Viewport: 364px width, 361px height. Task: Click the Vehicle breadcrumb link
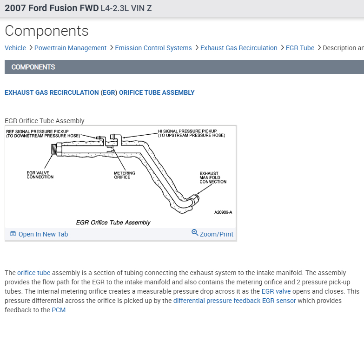[x=15, y=48]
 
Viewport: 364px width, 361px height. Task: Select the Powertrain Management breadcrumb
[x=70, y=48]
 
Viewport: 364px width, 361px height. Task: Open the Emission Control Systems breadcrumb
[x=153, y=48]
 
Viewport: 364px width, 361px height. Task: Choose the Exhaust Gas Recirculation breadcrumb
[x=238, y=48]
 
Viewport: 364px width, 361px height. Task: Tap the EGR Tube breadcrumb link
[x=300, y=48]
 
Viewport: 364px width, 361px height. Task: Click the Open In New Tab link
[x=43, y=234]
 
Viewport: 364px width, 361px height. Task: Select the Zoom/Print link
[x=217, y=234]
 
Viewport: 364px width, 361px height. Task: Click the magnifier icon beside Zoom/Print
[x=195, y=233]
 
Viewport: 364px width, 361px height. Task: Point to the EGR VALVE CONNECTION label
[x=40, y=175]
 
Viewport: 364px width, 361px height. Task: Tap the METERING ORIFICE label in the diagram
[x=125, y=175]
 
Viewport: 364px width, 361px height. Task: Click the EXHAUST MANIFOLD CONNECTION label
[x=212, y=177]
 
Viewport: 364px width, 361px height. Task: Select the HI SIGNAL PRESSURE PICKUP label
[x=191, y=133]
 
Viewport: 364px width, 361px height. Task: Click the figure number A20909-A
[x=223, y=212]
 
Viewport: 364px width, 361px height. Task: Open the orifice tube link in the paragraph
[x=33, y=273]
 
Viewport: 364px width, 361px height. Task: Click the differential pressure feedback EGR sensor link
[x=234, y=301]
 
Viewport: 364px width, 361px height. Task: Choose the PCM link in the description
[x=59, y=310]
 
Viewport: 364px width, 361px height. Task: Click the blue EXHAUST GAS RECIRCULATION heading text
[x=52, y=92]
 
